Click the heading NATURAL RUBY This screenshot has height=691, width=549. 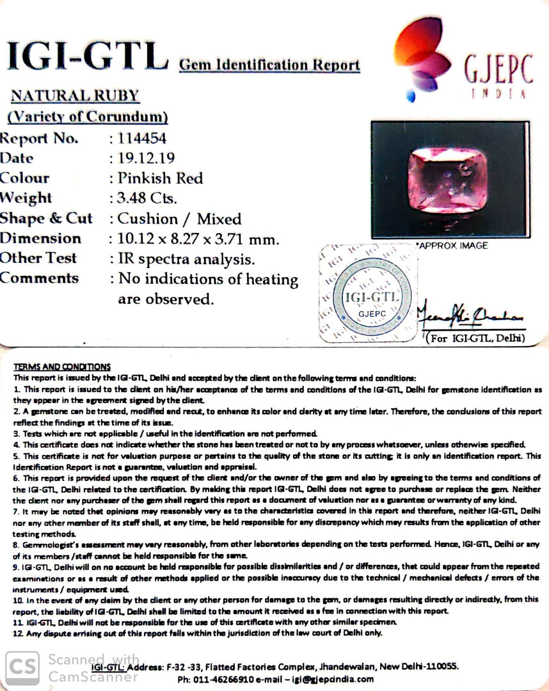(75, 96)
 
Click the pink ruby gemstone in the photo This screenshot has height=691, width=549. (448, 179)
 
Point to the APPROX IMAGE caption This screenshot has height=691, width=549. (452, 246)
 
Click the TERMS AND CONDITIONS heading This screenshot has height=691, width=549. (61, 367)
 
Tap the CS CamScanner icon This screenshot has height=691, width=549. (22, 667)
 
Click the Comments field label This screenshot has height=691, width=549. (40, 278)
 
